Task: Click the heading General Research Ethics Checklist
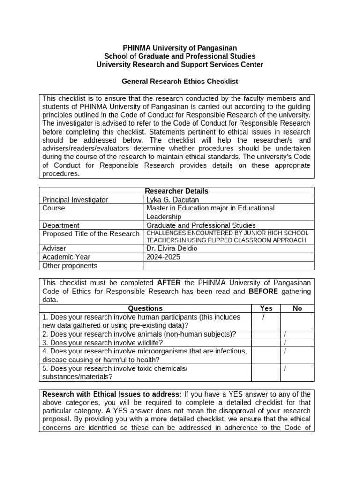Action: pyautogui.click(x=180, y=82)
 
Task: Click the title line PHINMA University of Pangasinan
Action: pyautogui.click(x=180, y=48)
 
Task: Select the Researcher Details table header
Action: pyautogui.click(x=177, y=191)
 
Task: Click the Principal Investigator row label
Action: pyautogui.click(x=75, y=200)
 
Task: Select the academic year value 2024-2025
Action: pyautogui.click(x=163, y=257)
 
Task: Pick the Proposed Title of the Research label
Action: pyautogui.click(x=91, y=233)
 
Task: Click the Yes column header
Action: pyautogui.click(x=266, y=308)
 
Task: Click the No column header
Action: pyautogui.click(x=297, y=308)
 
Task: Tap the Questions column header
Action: pyautogui.click(x=145, y=308)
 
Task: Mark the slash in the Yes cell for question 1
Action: pyautogui.click(x=264, y=318)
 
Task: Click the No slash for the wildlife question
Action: pyautogui.click(x=285, y=343)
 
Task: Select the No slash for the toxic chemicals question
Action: pyautogui.click(x=285, y=368)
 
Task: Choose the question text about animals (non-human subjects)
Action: pyautogui.click(x=139, y=334)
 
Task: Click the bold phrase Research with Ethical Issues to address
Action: pyautogui.click(x=112, y=394)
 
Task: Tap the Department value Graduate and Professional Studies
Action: pyautogui.click(x=201, y=225)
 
